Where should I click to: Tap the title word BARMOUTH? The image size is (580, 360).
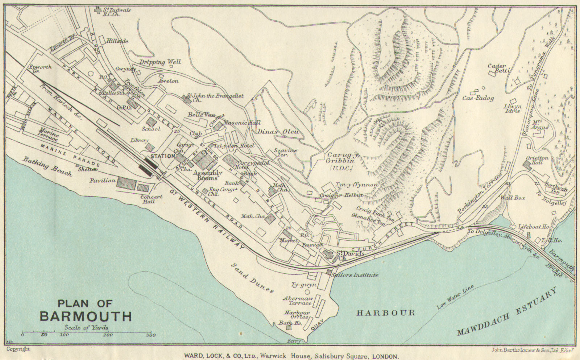coord(86,316)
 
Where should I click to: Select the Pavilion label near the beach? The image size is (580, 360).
coord(103,180)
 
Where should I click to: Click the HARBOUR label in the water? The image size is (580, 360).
coord(386,313)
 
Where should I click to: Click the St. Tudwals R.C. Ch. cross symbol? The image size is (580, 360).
coord(97,11)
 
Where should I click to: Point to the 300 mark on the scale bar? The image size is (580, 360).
coord(152,335)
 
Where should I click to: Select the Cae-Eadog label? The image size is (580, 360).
coord(478,98)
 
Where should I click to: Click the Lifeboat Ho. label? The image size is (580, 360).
coord(533,227)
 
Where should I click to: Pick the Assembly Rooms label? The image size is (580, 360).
coord(207,175)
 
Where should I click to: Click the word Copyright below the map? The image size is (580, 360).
coord(18,349)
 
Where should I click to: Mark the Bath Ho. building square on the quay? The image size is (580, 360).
coord(289,328)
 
